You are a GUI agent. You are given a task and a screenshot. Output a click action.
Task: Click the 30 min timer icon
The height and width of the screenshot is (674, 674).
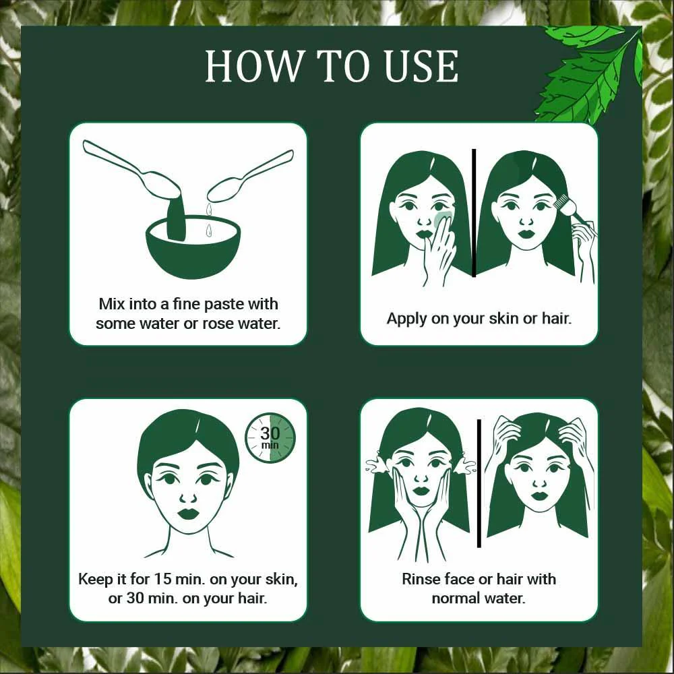pos(270,437)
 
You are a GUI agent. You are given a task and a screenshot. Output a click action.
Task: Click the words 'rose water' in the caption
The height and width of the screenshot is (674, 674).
pos(244,323)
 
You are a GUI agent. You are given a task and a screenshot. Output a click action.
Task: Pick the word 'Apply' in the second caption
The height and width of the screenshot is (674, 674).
pos(406,318)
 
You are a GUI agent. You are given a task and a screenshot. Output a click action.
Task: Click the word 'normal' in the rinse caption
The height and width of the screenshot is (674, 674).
pos(459,598)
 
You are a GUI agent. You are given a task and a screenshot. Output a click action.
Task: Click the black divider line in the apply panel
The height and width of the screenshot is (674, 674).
pos(474,212)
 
